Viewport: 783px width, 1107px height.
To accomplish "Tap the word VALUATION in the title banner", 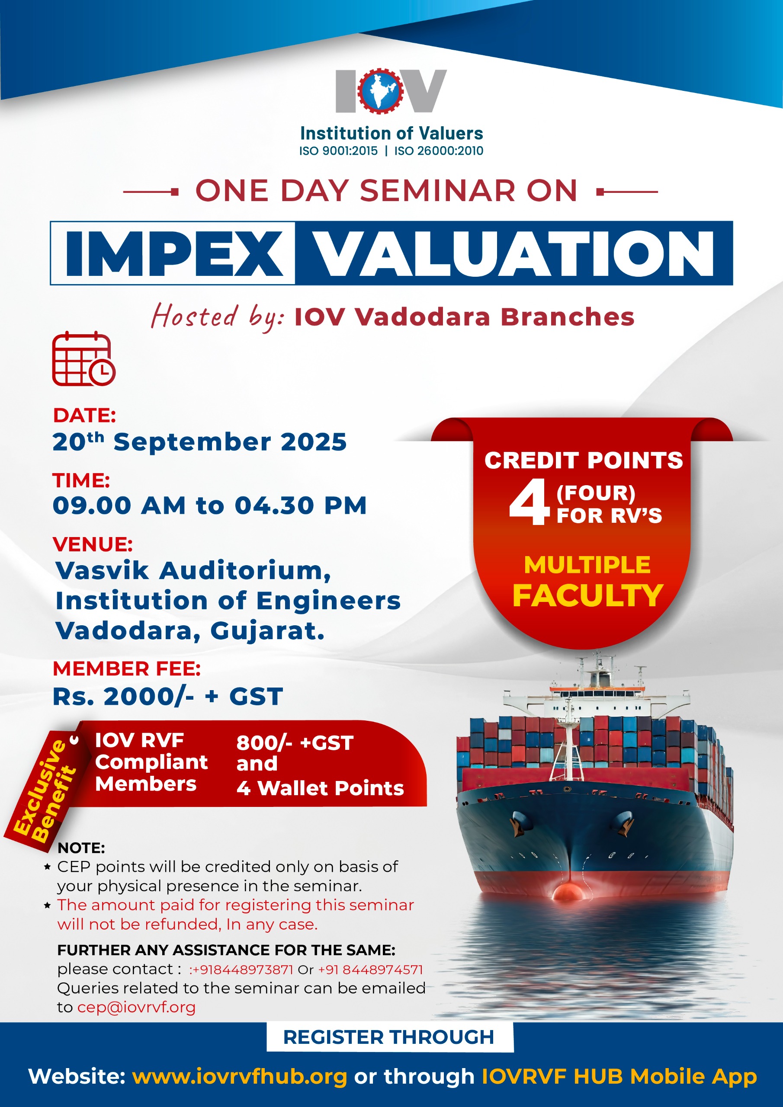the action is click(515, 253).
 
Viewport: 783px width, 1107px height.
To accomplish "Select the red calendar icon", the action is click(83, 359).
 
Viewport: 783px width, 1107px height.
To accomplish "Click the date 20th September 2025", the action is click(199, 442).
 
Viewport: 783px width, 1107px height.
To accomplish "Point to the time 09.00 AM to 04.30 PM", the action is click(210, 506).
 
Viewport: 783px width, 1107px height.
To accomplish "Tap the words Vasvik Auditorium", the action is click(193, 571).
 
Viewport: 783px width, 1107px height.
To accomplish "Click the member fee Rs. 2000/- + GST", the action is click(167, 696).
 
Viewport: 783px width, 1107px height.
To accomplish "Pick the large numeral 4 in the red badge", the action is click(529, 502).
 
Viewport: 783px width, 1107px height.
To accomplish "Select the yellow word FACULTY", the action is click(587, 595).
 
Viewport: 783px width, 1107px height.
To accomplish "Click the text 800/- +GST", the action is click(295, 743).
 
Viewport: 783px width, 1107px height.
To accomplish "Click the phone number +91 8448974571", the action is click(370, 969).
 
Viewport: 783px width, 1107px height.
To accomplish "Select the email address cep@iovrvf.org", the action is click(137, 1008).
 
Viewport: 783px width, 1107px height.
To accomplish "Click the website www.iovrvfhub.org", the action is click(240, 1077).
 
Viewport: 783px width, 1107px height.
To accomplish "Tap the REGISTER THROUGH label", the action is click(389, 1037).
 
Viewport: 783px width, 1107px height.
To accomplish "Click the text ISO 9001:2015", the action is click(338, 151).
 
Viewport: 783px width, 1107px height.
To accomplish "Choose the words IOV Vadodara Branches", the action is click(464, 317).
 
